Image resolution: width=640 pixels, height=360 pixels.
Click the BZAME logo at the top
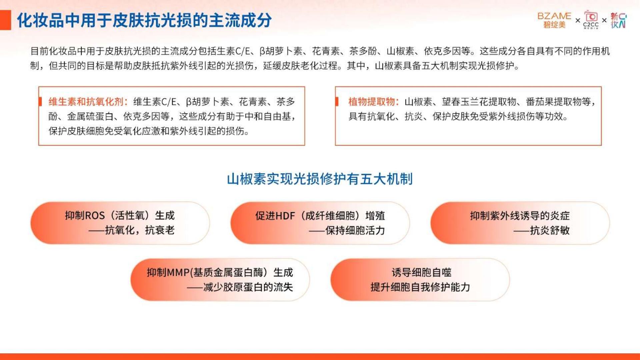point(554,20)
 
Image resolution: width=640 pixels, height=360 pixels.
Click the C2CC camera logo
point(591,20)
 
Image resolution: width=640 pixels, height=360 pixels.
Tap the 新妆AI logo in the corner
point(618,20)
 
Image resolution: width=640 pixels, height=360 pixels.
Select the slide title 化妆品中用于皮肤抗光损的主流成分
point(144,20)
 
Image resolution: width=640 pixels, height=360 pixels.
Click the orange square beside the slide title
point(5,20)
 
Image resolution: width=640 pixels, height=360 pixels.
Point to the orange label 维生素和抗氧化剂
point(86,102)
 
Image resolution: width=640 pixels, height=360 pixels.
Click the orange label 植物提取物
point(372,102)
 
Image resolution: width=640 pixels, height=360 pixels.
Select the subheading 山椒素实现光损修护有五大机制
point(320,179)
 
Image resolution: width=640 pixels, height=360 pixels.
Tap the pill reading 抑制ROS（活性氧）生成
point(120,223)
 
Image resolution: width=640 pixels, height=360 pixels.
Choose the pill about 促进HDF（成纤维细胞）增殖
point(320,223)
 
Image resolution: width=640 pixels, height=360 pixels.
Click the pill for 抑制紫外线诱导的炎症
point(520,223)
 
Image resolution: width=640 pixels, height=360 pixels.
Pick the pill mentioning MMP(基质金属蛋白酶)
point(220,280)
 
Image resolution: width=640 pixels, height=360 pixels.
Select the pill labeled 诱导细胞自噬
point(420,280)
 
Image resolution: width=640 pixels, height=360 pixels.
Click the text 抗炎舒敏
point(550,230)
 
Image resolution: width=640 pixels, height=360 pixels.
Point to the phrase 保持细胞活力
point(355,230)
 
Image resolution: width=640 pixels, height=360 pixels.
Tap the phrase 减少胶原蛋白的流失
point(248,287)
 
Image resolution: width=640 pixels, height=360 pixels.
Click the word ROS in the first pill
point(95,216)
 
